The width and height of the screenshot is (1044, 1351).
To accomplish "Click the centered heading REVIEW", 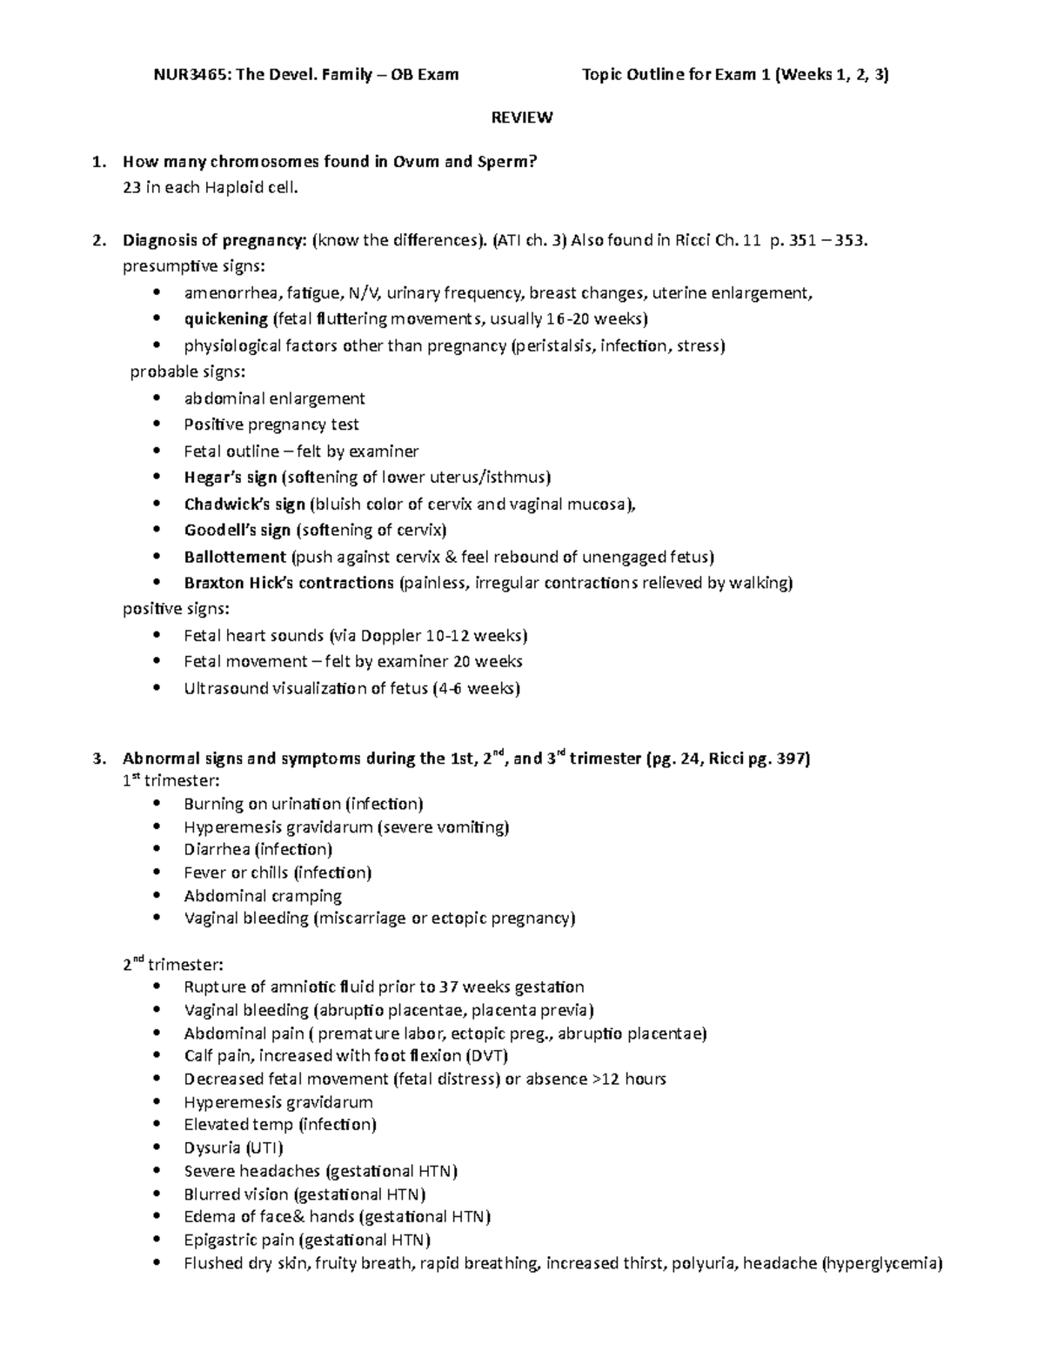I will coord(522,117).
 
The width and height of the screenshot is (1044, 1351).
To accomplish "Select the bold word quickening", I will coord(225,319).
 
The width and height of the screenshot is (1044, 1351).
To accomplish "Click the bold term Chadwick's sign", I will coord(244,504).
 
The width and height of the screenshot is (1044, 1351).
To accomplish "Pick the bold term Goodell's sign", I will coord(237,530).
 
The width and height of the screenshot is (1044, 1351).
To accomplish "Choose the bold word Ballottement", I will coord(235,557).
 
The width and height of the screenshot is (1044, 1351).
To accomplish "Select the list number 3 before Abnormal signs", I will coord(100,759).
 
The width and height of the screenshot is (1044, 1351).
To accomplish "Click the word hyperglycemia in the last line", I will coord(882,1263).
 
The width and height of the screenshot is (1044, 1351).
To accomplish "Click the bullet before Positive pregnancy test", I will coord(157,425).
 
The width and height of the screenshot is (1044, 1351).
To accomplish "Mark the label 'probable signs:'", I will coord(188,372).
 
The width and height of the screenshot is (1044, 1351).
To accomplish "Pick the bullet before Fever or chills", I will coord(157,873).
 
